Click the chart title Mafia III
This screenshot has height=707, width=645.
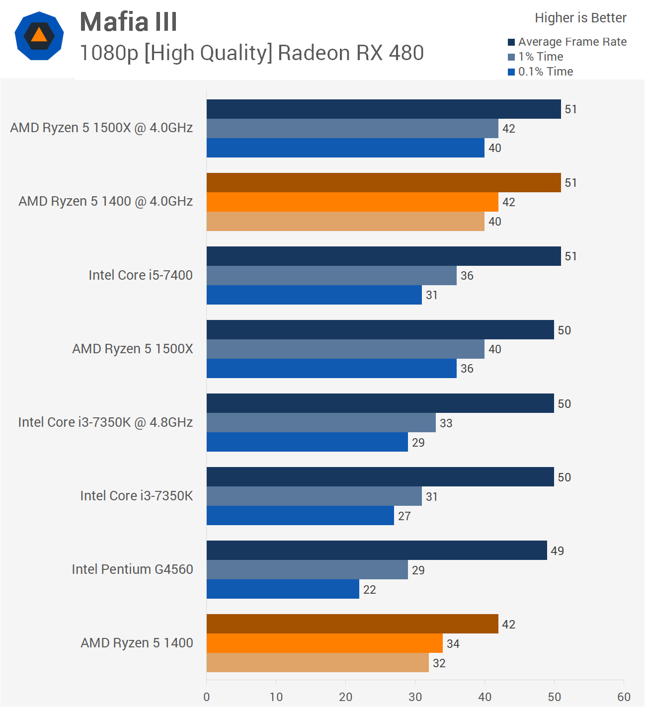(128, 22)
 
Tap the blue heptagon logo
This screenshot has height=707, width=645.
(39, 36)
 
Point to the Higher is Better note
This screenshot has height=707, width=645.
(580, 18)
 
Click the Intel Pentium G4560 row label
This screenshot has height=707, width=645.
(132, 569)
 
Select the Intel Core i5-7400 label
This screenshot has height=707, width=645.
(141, 275)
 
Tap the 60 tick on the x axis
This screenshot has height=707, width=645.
(624, 697)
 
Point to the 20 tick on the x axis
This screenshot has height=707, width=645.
(345, 697)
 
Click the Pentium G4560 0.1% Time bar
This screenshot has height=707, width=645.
(283, 589)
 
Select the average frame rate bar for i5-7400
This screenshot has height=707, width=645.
(384, 256)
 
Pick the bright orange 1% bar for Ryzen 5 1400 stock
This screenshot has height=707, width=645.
(324, 643)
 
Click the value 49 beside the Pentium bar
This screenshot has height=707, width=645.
(557, 551)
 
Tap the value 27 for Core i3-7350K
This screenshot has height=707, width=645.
(404, 516)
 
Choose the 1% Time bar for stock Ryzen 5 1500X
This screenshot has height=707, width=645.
(345, 349)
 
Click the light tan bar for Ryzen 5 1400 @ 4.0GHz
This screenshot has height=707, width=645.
(345, 222)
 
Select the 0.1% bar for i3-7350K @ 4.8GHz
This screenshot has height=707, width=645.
(307, 442)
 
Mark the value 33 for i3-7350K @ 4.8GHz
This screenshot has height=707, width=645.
(446, 423)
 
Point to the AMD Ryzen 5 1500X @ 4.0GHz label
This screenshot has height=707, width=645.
(101, 128)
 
